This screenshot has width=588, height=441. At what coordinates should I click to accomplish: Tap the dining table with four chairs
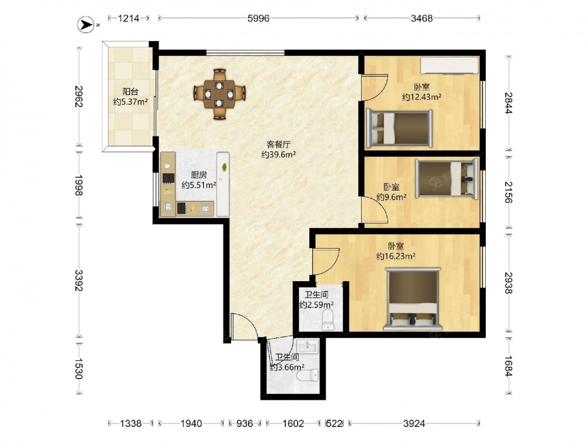[219, 94]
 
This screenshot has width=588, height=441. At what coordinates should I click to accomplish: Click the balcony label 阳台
[131, 92]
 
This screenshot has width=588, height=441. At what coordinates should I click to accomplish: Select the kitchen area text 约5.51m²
[199, 185]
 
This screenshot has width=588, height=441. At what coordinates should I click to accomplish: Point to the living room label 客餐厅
[279, 145]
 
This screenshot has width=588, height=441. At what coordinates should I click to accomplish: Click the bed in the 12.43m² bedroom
[399, 128]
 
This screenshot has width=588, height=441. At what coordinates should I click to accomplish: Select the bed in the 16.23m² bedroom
[413, 299]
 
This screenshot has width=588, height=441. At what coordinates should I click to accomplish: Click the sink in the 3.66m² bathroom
[307, 346]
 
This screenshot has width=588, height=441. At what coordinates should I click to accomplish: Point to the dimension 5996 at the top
[258, 18]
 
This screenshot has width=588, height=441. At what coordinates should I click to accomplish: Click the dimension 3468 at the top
[422, 18]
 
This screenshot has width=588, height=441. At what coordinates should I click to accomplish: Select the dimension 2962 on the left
[78, 97]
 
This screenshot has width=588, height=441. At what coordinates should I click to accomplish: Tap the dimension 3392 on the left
[78, 280]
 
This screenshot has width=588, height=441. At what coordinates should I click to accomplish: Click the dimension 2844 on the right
[509, 103]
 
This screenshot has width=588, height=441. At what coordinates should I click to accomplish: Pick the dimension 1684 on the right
[509, 366]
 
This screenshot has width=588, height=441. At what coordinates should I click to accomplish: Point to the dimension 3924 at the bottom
[414, 424]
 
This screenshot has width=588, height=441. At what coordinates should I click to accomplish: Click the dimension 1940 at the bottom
[191, 424]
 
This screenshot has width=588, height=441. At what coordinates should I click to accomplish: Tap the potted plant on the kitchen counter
[224, 167]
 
